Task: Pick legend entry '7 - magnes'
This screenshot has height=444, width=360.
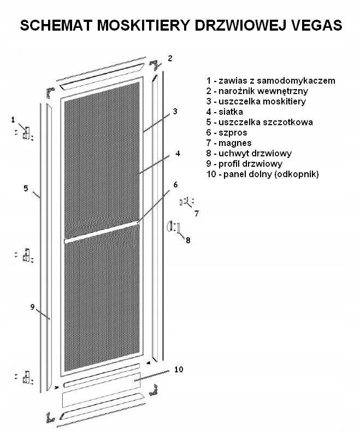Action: point(228,143)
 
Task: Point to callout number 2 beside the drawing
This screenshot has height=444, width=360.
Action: point(170,58)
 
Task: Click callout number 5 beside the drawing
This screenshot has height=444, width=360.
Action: point(26,188)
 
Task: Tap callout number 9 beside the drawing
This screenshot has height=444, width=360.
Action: point(32,306)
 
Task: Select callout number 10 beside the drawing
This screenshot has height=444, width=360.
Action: point(178,370)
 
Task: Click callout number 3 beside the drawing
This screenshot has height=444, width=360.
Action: point(175,111)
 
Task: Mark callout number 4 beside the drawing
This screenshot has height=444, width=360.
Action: point(178,154)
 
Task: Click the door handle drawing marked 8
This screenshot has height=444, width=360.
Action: point(172,226)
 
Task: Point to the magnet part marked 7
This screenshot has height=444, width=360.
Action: point(185,202)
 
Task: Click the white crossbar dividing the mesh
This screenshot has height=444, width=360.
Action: point(101,232)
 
